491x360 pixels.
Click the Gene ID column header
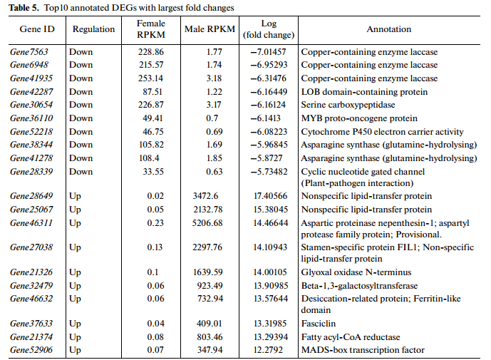pos(37,29)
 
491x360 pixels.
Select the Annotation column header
pos(388,29)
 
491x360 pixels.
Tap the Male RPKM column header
pos(210,29)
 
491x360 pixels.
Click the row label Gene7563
pos(29,52)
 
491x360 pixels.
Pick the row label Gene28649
pos(31,196)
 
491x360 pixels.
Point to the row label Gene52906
pos(31,349)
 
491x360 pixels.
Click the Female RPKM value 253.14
pos(150,78)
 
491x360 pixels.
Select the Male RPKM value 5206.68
pos(207,222)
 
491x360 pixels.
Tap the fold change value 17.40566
pos(270,196)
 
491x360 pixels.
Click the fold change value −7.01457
pos(268,52)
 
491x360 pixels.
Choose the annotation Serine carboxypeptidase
pos(348,105)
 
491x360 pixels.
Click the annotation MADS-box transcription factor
pos(363,349)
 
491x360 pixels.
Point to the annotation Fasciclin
pos(318,324)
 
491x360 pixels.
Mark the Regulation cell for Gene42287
pos(81,92)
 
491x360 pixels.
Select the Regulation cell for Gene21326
pos(75,272)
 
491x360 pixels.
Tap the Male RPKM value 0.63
pos(215,172)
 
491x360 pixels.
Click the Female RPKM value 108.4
pos(149,158)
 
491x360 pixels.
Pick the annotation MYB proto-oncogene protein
pos(359,118)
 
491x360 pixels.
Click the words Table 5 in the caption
pos(24,8)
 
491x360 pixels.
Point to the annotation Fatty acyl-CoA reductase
pos(351,336)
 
